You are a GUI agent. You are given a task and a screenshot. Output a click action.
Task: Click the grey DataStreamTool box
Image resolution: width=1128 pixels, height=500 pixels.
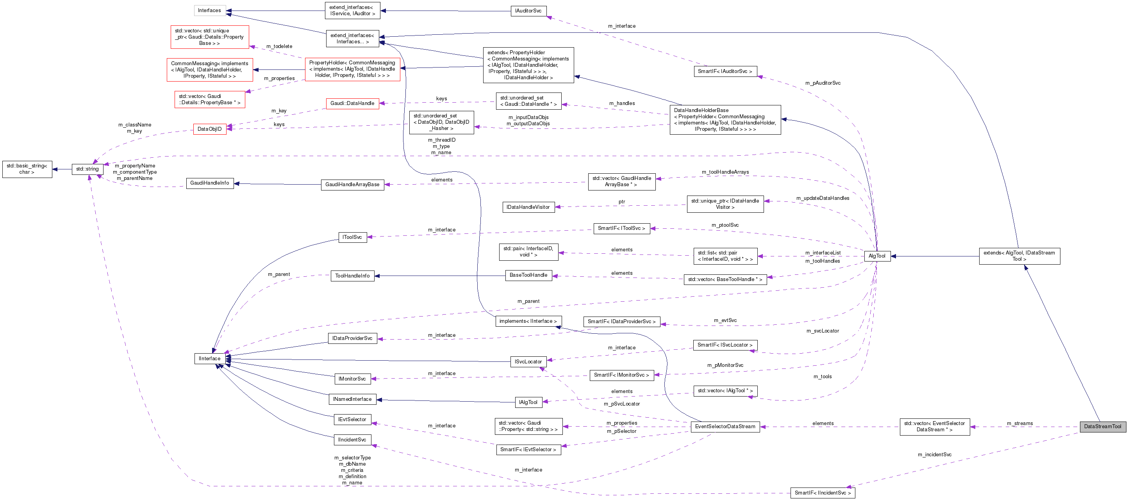pos(1102,427)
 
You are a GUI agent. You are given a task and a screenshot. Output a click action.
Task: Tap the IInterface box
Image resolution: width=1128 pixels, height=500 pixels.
pos(209,359)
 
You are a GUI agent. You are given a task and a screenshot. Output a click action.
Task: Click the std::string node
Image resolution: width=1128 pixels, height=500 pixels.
pos(87,169)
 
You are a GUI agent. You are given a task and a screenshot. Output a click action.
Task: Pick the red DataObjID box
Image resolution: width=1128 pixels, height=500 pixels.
pos(209,129)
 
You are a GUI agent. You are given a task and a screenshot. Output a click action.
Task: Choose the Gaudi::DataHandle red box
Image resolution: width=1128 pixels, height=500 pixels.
pos(352,103)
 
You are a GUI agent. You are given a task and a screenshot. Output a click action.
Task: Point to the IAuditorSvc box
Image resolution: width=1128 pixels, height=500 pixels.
pos(528,11)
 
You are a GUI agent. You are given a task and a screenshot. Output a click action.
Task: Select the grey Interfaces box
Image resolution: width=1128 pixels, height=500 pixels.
pos(209,11)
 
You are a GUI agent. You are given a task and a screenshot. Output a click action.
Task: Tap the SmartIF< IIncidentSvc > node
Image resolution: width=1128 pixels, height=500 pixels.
pos(822,493)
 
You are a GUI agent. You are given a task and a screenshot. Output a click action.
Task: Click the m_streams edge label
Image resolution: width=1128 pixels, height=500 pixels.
pos(1019,423)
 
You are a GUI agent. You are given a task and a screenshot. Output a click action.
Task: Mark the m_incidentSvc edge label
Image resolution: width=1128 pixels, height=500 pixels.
pos(934,454)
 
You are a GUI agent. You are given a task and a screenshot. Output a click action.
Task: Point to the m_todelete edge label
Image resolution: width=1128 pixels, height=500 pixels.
pos(279,46)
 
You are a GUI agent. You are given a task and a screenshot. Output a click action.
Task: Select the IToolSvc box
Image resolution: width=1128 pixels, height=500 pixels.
pos(352,237)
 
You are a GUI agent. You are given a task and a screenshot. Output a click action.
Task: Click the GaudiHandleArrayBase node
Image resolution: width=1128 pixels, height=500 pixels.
pos(352,185)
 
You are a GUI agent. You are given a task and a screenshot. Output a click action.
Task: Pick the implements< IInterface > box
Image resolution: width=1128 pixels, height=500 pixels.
pos(528,321)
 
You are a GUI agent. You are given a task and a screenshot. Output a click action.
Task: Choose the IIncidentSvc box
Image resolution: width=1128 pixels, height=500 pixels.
pos(352,440)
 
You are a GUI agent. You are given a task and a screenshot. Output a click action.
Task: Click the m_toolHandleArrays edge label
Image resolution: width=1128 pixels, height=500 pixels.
pos(725,172)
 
